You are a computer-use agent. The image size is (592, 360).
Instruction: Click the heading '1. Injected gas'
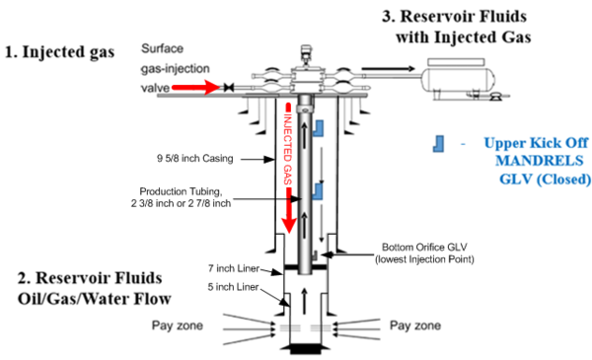pos(59,51)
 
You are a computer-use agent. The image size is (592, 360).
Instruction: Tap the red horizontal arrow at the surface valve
pos(195,87)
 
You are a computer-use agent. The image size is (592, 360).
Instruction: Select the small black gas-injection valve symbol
pos(229,88)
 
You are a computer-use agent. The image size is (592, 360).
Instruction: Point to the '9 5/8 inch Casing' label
pos(194,158)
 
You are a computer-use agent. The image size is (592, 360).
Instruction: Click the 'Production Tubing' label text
pos(181,191)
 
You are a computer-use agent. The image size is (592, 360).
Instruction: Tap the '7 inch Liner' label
pos(234,268)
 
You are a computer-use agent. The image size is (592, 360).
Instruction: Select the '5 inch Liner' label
pos(233,287)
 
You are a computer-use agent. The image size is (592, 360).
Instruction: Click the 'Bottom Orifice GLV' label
pos(424,248)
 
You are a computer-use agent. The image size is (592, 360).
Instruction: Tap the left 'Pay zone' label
pos(177,325)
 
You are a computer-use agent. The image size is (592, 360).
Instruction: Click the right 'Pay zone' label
pos(415,325)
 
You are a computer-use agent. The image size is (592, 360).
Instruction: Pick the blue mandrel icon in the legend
pos(438,144)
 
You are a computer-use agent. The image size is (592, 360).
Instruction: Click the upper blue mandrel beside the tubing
pos(320,128)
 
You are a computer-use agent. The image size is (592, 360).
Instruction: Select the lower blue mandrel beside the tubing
pos(318,191)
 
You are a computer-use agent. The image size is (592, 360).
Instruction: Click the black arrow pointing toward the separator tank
pos(388,69)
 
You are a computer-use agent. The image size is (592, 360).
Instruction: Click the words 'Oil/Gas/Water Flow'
pos(95,299)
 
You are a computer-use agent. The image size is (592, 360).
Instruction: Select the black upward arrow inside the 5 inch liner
pos(305,301)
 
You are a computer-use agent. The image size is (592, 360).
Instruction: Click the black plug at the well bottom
pos(306,349)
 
